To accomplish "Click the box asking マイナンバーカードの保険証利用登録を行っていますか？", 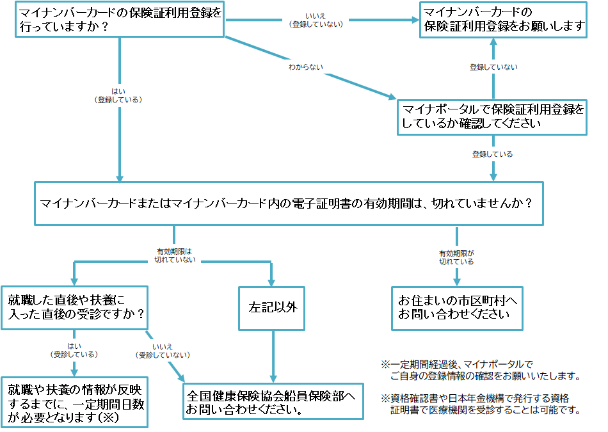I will [119, 20].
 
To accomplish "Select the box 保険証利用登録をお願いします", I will [503, 20].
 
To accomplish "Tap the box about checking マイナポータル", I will [492, 116].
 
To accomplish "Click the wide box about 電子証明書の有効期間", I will [287, 203].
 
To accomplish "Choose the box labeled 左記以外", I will [273, 308].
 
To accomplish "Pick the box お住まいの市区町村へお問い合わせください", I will [457, 308].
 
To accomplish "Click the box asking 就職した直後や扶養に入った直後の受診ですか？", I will [75, 308].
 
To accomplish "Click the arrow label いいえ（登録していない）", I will [316, 20].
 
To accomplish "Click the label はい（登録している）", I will [118, 95].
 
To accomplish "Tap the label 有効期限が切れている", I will [456, 257].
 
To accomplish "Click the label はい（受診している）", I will [74, 349].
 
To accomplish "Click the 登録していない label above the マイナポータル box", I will [493, 67].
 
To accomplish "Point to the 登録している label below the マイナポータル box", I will [492, 154].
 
